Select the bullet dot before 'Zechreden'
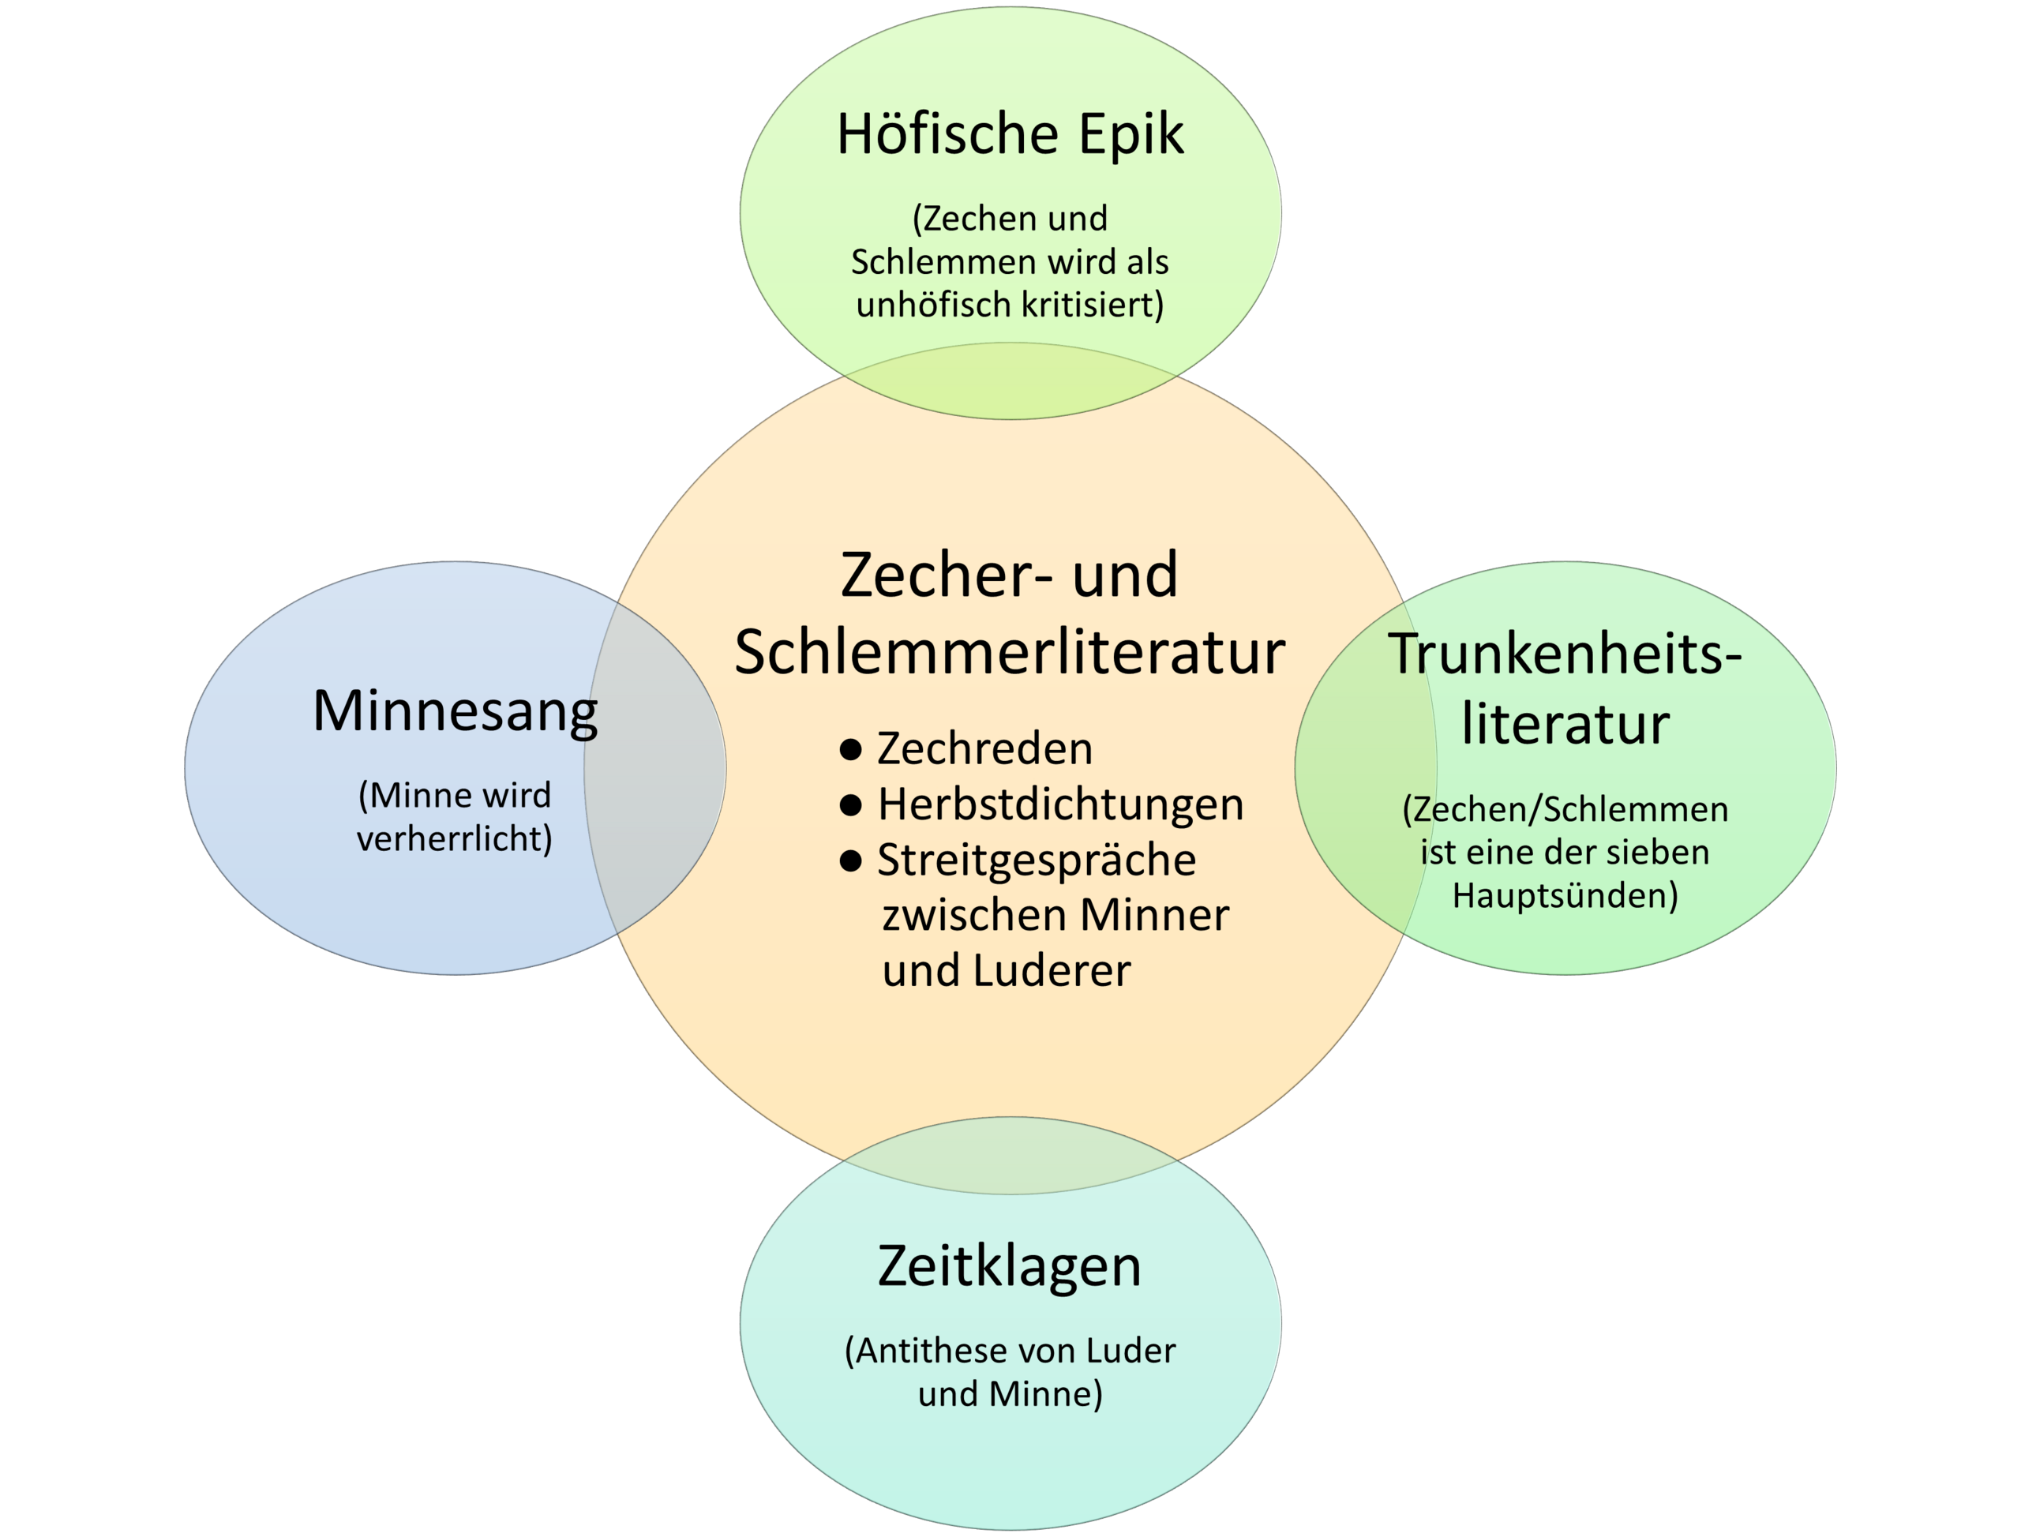(850, 750)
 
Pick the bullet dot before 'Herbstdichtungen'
(850, 805)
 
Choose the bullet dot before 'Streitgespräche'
(850, 860)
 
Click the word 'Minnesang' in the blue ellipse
(456, 712)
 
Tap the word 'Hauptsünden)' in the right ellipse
(1565, 896)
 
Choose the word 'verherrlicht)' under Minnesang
(455, 839)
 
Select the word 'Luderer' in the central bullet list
(1052, 971)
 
